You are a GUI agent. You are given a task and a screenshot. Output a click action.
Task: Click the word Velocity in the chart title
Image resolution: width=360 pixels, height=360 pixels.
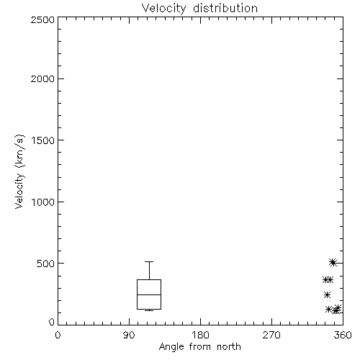(163, 9)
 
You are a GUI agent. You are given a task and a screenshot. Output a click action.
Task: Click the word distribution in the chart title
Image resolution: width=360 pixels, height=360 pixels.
(225, 8)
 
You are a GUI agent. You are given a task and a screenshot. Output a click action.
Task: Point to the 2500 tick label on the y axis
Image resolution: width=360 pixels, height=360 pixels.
(42, 19)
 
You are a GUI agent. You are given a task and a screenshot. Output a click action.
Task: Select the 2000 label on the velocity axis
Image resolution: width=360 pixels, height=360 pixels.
(42, 78)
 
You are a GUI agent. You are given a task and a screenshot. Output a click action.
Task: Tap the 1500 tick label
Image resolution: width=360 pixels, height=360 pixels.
(43, 140)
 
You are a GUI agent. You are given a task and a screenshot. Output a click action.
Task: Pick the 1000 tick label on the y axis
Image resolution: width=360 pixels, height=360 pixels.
(43, 202)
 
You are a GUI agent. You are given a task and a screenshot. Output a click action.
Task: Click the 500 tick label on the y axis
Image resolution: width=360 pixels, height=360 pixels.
(46, 264)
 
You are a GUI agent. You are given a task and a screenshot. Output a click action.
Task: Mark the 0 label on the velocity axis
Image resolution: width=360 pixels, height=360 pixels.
(52, 322)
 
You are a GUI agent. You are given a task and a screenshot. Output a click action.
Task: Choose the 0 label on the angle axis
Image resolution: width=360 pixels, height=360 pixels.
(58, 335)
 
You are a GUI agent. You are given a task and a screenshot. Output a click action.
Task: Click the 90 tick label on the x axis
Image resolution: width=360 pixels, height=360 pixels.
(129, 335)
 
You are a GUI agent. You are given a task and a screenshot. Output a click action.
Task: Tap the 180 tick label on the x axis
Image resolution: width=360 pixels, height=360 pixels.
(200, 335)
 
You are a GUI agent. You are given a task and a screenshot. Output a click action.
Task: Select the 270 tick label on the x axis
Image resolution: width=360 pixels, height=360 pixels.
(271, 335)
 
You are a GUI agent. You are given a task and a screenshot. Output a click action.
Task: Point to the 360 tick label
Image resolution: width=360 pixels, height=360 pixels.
(343, 335)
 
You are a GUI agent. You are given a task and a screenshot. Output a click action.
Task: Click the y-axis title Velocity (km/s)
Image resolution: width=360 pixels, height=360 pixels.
(19, 171)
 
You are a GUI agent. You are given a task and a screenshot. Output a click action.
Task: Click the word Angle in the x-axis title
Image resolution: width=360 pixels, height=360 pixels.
(171, 347)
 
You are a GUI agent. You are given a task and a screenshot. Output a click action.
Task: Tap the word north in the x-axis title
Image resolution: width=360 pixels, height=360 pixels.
(229, 346)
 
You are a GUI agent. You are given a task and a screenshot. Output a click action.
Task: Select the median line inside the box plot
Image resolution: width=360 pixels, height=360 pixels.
(149, 294)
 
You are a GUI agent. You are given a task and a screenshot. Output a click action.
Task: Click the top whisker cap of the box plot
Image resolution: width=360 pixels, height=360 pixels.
(149, 261)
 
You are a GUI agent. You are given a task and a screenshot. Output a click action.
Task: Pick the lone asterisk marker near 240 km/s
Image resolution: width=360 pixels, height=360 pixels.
(327, 294)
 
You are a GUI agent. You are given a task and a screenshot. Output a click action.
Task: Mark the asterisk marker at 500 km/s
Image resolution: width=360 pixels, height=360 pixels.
(333, 262)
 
